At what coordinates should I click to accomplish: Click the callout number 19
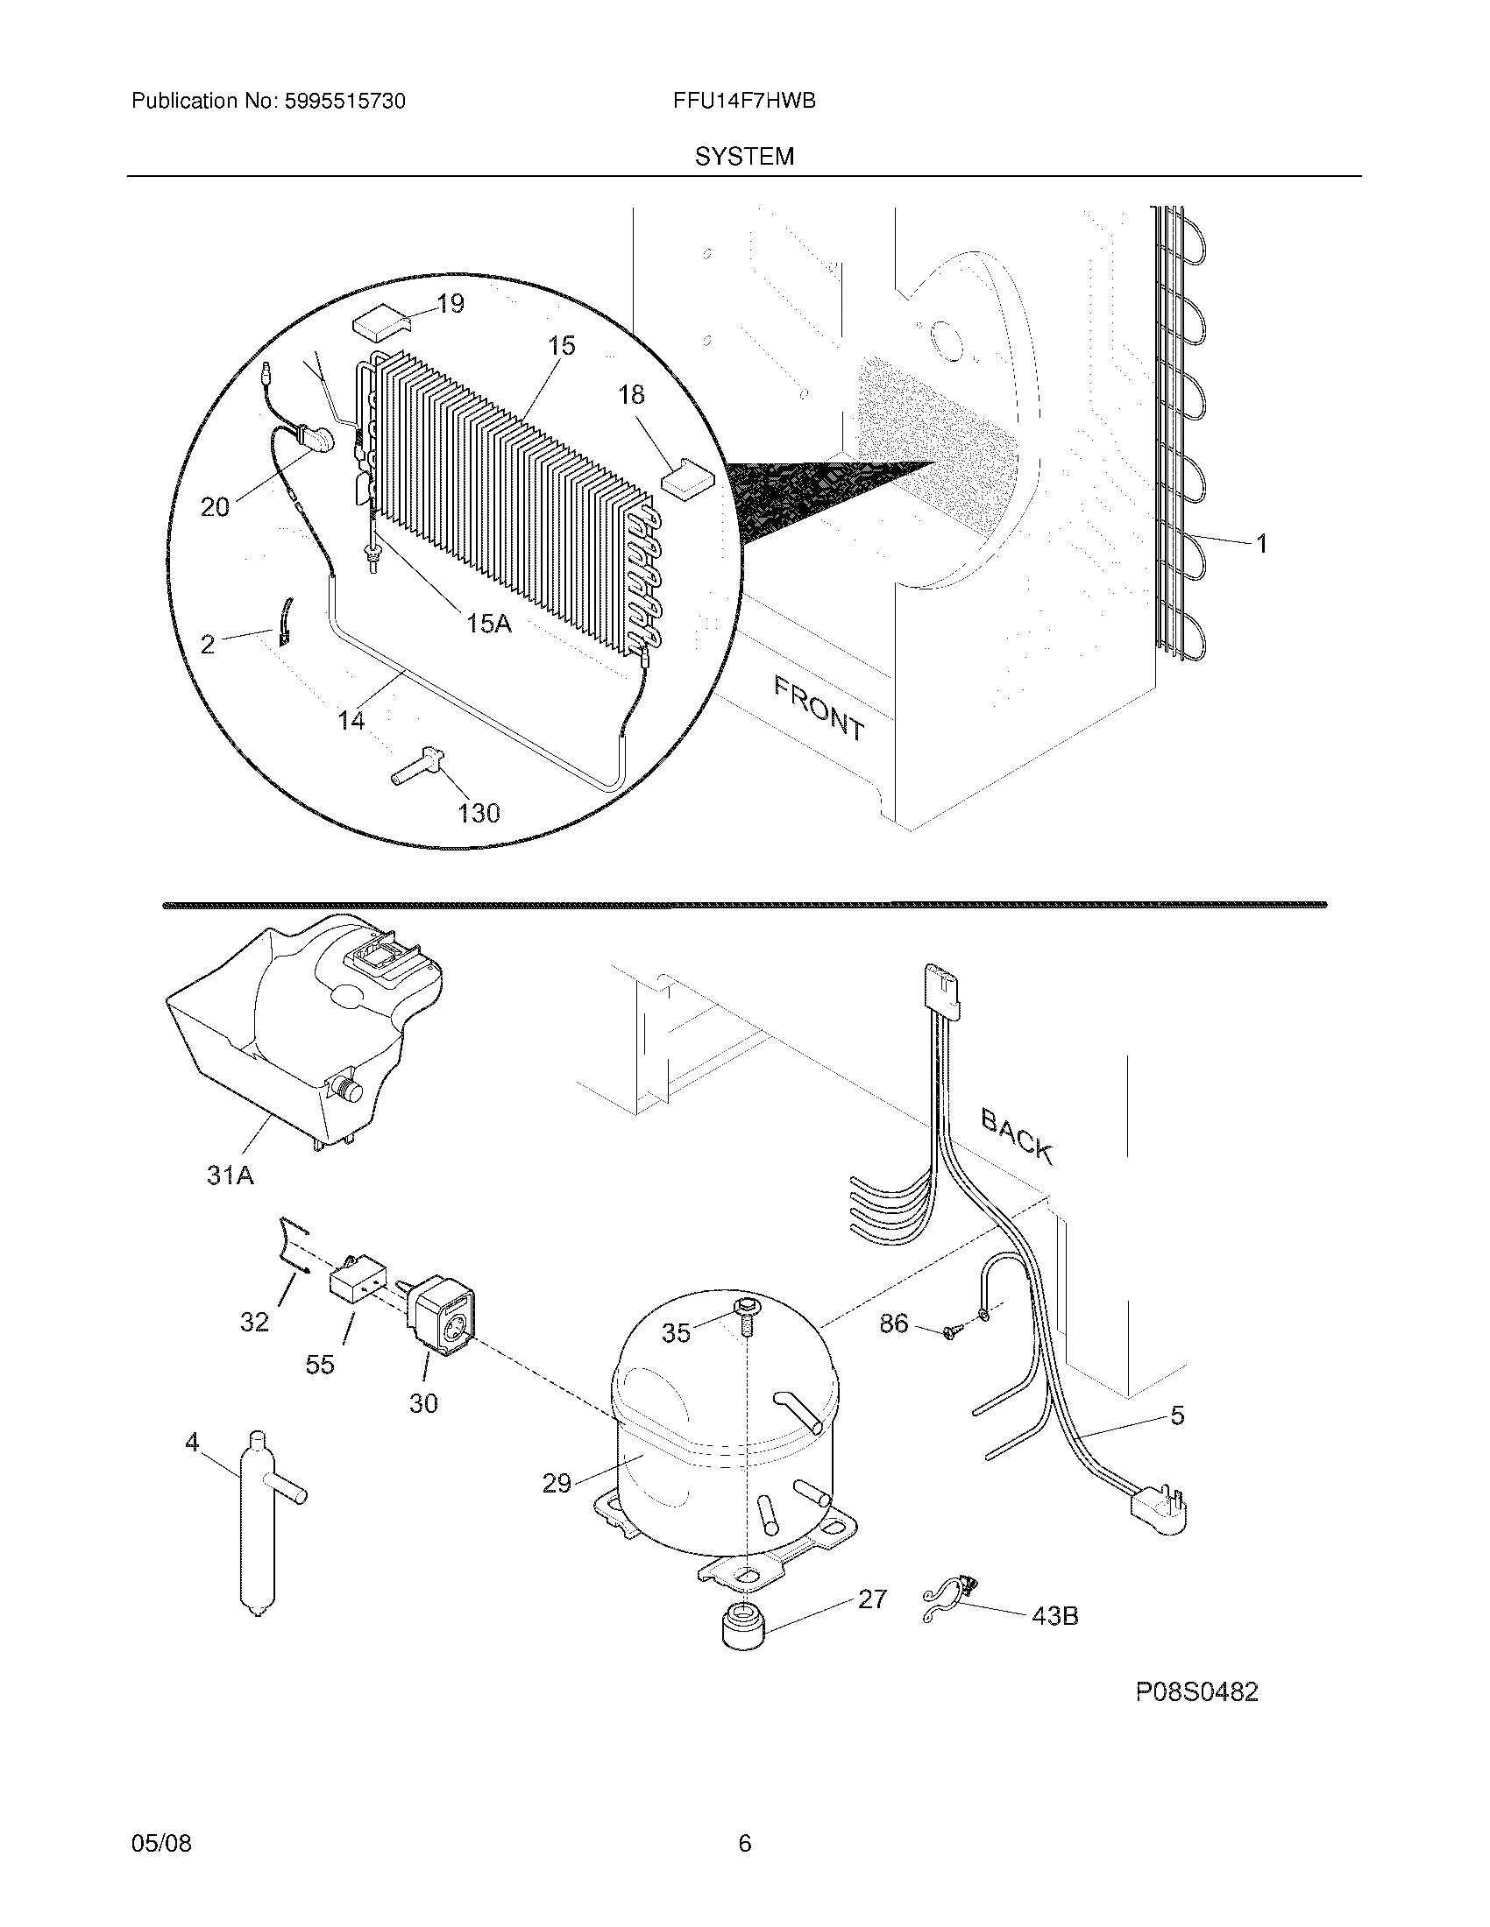pyautogui.click(x=451, y=304)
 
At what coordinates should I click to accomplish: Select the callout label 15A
pyautogui.click(x=488, y=624)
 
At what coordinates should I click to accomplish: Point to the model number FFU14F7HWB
pyautogui.click(x=743, y=102)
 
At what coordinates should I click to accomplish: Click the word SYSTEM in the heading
pyautogui.click(x=744, y=157)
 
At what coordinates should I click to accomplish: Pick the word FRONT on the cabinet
pyautogui.click(x=819, y=707)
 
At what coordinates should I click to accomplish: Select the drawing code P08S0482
pyautogui.click(x=1196, y=1691)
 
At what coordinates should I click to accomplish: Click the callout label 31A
pyautogui.click(x=230, y=1175)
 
